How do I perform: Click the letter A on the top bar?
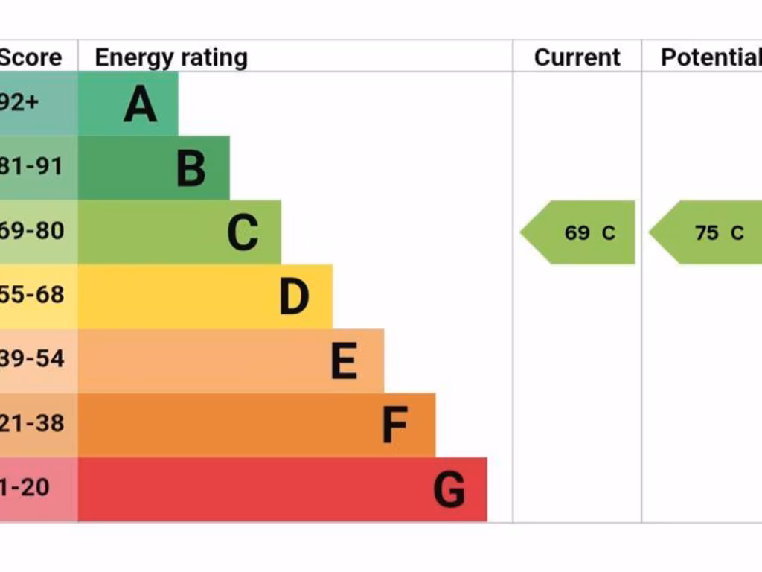tap(140, 104)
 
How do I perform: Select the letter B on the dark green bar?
tap(191, 168)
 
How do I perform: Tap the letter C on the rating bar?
tap(243, 232)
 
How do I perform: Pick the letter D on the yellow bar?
tap(294, 296)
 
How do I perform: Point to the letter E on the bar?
tap(344, 361)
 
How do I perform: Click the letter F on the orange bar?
tap(394, 425)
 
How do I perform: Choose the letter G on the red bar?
tap(449, 490)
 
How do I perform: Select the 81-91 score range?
tap(31, 166)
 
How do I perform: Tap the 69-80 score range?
tap(31, 230)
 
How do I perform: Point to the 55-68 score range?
tap(31, 294)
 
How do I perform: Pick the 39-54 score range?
tap(31, 358)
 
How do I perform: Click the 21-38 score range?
tap(31, 423)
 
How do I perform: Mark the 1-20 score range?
tap(25, 487)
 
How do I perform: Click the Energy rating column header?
tap(171, 57)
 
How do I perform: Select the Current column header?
tap(577, 57)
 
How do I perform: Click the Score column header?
tap(30, 57)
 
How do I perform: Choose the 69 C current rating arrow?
tap(579, 232)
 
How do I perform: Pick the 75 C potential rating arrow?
tap(707, 232)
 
